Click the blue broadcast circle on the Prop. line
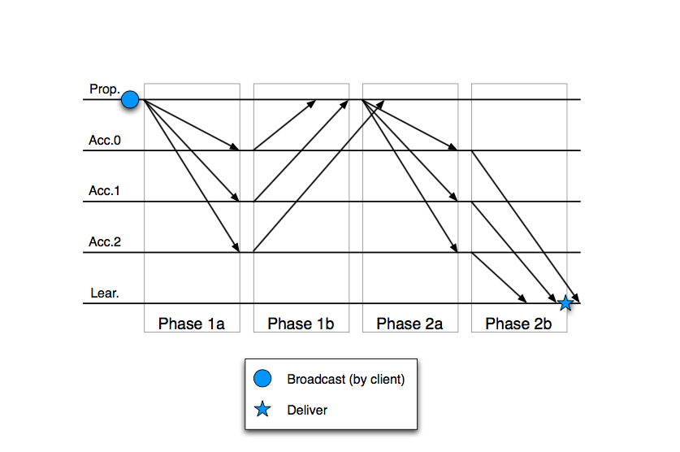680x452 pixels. coord(130,99)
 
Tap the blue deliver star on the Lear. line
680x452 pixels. coord(565,303)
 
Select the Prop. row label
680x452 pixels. coord(105,89)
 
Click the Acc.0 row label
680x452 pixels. coord(105,140)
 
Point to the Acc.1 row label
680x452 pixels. coord(104,191)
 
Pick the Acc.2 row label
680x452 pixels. coord(105,241)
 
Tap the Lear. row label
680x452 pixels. coord(105,293)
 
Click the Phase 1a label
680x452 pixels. coord(191,324)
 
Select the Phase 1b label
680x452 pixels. coord(301,324)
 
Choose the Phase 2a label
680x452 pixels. coord(409,324)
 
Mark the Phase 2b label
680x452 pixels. coord(518,324)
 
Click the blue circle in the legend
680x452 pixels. coord(262,378)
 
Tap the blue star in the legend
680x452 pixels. coord(262,409)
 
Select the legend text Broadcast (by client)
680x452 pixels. coord(345,379)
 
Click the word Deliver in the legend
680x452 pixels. coord(307,410)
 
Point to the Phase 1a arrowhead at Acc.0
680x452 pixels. coord(235,147)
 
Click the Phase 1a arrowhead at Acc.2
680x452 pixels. coord(236,247)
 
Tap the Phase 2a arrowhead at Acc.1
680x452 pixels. coord(454,197)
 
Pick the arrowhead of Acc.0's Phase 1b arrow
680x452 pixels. coord(312,104)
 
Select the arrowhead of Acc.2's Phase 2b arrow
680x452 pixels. coord(522,299)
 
